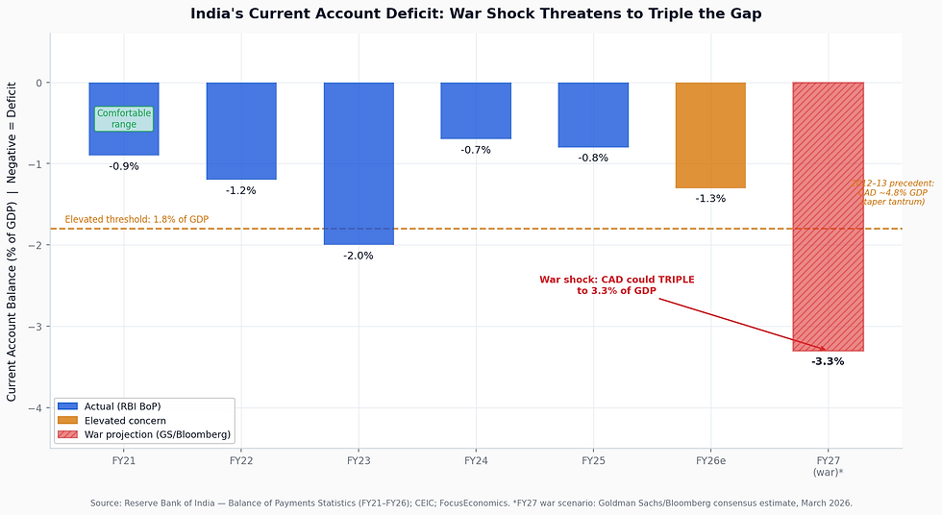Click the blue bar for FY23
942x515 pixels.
tap(359, 163)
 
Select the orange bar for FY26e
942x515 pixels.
tap(710, 135)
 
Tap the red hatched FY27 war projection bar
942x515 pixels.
tap(828, 216)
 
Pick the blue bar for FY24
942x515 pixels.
tap(476, 110)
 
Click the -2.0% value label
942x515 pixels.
tap(359, 256)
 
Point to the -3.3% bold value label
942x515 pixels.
tap(828, 361)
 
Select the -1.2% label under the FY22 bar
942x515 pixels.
tap(241, 190)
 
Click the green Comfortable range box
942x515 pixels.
tap(124, 119)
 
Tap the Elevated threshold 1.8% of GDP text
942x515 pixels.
tap(136, 220)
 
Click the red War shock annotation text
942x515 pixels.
tap(616, 284)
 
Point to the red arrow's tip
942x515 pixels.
tap(826, 350)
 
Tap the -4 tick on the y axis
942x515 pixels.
tap(38, 408)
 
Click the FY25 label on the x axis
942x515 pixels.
tap(593, 461)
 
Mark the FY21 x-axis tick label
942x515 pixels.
tap(124, 461)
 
